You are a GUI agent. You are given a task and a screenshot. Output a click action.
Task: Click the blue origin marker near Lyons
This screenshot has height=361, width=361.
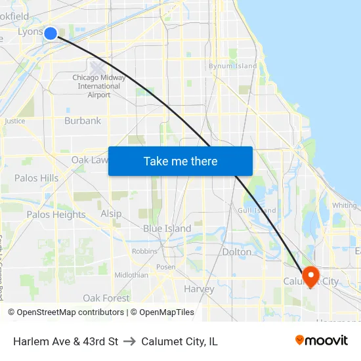click(x=51, y=33)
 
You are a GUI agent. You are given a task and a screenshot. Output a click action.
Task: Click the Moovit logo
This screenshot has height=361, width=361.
click(x=322, y=340)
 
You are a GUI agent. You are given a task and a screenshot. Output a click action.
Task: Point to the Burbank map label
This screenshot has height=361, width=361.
click(x=83, y=121)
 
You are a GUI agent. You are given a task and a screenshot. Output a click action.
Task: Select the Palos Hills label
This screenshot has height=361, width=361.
click(x=36, y=178)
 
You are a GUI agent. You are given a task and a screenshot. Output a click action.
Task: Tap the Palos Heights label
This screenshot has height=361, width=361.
click(x=56, y=215)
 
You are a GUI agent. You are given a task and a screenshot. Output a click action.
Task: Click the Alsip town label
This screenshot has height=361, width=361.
click(x=111, y=214)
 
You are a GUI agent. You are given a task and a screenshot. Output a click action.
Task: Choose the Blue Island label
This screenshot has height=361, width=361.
click(x=167, y=228)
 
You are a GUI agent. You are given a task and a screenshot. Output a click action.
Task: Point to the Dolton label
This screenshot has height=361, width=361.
click(x=237, y=251)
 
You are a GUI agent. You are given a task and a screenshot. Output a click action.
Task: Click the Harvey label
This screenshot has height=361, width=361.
click(x=199, y=289)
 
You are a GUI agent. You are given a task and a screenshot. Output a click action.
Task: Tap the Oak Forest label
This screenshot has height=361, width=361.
click(x=106, y=298)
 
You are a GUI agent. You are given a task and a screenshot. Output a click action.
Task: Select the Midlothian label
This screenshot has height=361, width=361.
click(x=131, y=275)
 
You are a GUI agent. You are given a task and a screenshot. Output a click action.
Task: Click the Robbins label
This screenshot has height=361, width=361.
click(x=144, y=251)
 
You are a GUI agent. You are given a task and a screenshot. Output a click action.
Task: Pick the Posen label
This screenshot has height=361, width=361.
click(x=165, y=267)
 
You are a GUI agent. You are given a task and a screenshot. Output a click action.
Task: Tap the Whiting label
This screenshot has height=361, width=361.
click(x=345, y=205)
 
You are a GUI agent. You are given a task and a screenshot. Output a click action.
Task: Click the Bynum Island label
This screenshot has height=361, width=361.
click(x=233, y=66)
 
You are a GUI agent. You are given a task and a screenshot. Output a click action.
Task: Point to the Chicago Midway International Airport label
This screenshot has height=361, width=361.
click(x=99, y=86)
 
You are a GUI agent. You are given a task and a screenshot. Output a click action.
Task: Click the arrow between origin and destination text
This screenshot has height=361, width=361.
click(x=129, y=341)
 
